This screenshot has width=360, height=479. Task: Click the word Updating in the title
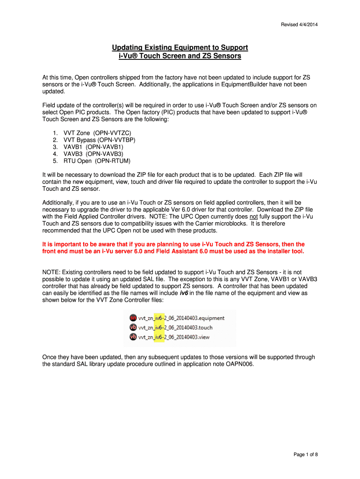(129, 48)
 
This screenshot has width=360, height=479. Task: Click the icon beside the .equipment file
(133, 318)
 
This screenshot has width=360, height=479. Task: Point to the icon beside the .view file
(133, 337)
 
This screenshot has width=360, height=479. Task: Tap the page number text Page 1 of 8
(306, 454)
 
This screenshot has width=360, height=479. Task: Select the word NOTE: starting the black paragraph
(51, 272)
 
